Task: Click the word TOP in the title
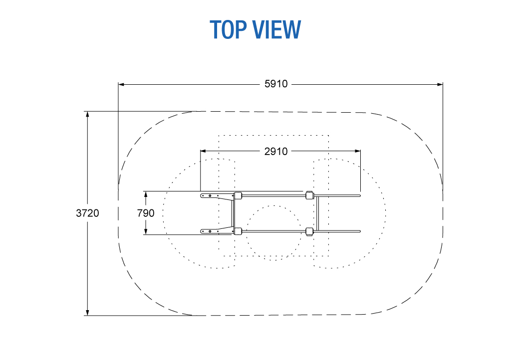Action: click(x=228, y=29)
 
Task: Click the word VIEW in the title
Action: click(x=277, y=29)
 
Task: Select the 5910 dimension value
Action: click(x=276, y=84)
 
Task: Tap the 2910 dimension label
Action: click(x=276, y=152)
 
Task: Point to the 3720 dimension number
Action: click(x=87, y=213)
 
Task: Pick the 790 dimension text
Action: click(x=146, y=213)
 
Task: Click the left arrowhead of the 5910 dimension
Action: click(x=121, y=85)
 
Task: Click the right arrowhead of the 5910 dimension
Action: click(x=440, y=85)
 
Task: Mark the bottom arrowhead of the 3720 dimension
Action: click(x=87, y=313)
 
